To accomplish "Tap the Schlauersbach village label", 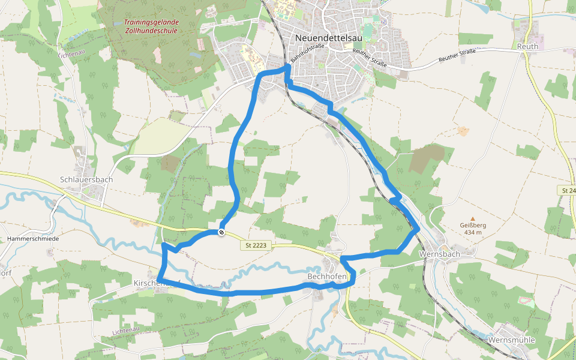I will (86, 179).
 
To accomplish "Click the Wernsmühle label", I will (512, 340).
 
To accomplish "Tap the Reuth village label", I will (527, 46).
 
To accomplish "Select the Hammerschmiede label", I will (34, 238).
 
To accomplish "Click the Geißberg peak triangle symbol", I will (472, 218).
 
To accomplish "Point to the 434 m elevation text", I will (473, 232).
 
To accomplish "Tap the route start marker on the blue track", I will (221, 232).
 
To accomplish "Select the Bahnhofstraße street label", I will (307, 53).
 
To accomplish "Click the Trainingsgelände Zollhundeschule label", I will (151, 26).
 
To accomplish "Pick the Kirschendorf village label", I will (150, 282).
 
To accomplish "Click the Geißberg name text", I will (473, 226).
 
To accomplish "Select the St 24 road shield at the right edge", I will (568, 190).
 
